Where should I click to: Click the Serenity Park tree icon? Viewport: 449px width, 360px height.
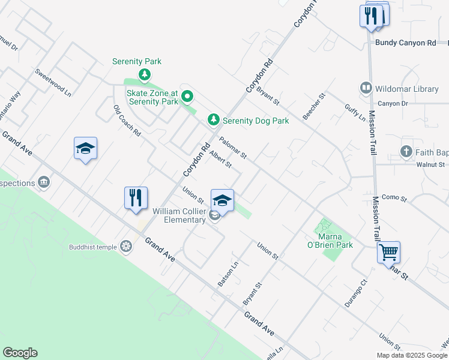coord(144,74)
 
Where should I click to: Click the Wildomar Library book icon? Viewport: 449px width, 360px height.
coord(365,89)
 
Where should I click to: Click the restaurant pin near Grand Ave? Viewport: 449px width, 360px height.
coord(136,198)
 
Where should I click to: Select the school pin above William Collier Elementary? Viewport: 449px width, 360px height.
coord(222,201)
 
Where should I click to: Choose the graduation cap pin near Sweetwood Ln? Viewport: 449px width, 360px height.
coord(86,149)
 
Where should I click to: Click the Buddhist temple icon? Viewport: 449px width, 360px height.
coord(125,246)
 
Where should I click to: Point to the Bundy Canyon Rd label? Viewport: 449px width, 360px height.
coord(406,43)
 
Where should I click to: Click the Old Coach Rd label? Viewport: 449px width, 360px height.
coord(127,121)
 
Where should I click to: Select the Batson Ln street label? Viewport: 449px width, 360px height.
coord(229,272)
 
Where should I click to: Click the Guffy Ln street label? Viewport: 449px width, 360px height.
coord(355,112)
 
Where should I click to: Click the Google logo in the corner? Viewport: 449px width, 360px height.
coord(20,353)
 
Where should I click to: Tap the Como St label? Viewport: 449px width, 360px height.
coord(394,197)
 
